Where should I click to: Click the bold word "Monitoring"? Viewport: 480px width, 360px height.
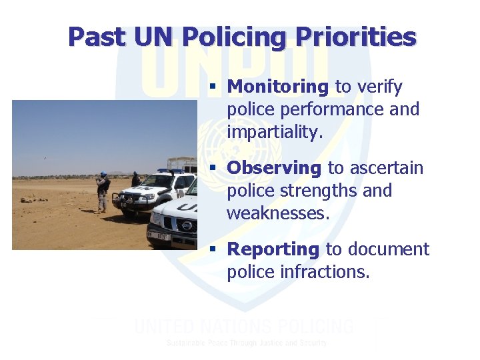tap(277, 87)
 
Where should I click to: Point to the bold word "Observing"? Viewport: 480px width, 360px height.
tap(273, 168)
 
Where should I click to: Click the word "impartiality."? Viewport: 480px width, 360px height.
tap(275, 132)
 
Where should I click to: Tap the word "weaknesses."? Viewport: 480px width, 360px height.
tap(277, 213)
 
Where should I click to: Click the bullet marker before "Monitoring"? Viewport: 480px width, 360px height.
tap(213, 87)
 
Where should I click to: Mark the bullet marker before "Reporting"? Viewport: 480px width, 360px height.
tap(213, 250)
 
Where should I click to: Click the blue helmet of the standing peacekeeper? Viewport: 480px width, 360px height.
tap(103, 174)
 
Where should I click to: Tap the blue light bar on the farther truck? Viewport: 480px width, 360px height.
tap(169, 171)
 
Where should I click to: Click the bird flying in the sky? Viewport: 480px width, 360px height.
tap(45, 158)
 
